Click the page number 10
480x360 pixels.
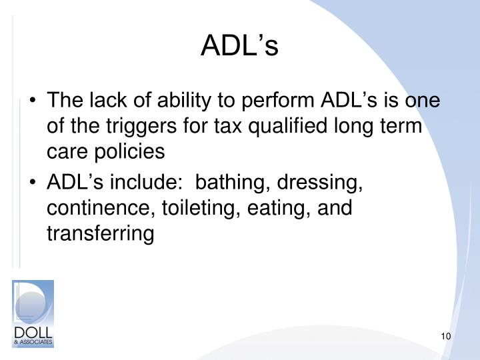pyautogui.click(x=447, y=335)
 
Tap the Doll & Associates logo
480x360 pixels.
pyautogui.click(x=33, y=313)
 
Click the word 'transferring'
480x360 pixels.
pyautogui.click(x=100, y=234)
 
